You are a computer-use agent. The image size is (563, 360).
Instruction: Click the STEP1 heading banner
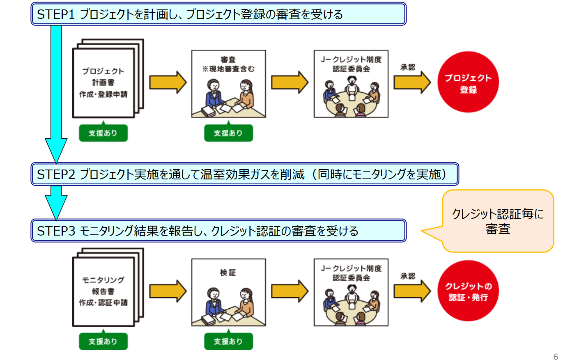[218, 15]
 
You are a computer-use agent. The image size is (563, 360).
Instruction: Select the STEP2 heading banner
[245, 175]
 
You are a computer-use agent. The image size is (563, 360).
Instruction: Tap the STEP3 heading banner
[218, 231]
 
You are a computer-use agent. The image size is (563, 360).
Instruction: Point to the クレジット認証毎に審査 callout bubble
[498, 222]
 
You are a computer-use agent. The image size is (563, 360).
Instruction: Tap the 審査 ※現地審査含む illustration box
[228, 84]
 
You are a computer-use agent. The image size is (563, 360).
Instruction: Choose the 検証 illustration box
[228, 292]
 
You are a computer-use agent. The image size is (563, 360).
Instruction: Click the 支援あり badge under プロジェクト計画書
[103, 133]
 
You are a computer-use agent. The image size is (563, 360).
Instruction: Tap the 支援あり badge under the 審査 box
[228, 133]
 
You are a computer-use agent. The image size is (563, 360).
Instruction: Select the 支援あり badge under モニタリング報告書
[103, 341]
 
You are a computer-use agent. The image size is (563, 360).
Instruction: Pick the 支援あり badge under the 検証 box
[228, 341]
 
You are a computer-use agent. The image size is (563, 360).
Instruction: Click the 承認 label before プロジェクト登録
[408, 67]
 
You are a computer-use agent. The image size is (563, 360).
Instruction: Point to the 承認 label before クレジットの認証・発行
[408, 276]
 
